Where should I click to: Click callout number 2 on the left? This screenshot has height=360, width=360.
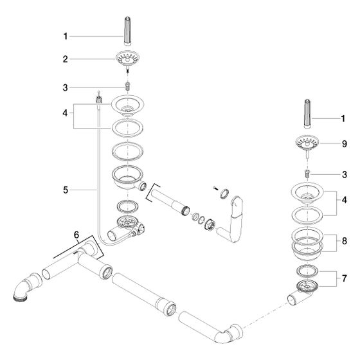coord(66,59)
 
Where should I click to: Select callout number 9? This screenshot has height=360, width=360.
coord(344,144)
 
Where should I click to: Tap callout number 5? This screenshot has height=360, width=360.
coord(66,190)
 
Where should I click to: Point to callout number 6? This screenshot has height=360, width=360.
coord(76,235)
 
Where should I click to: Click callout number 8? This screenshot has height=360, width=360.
coord(344,241)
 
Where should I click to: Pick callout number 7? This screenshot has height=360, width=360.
coord(344,278)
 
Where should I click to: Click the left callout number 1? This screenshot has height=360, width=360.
coord(66,36)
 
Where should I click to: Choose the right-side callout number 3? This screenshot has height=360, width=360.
coord(344,174)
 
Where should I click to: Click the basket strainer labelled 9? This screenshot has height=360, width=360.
coord(307,145)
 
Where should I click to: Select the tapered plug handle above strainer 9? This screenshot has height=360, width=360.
coord(307,114)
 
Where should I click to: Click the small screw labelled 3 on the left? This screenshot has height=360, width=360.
coord(128,87)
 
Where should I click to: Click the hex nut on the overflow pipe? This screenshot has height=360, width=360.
coord(210,224)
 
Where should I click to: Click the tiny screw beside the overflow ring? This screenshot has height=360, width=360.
coord(215,188)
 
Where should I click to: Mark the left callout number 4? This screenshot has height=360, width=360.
coord(66,113)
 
